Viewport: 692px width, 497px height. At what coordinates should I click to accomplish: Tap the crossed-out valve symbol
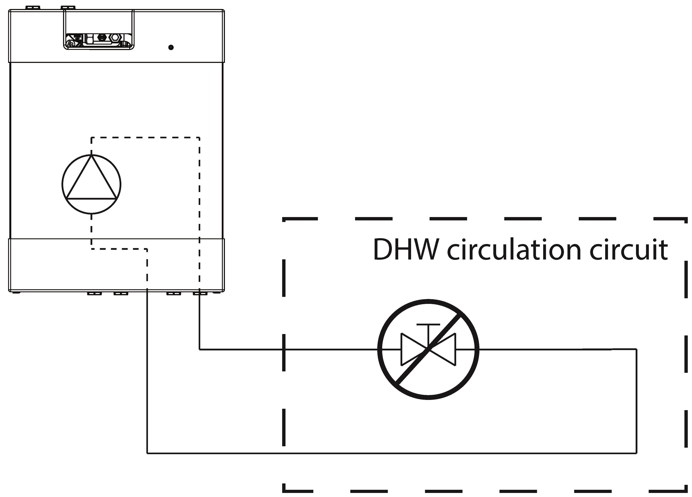(428, 350)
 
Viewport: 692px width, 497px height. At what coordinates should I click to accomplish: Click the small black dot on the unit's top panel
(171, 47)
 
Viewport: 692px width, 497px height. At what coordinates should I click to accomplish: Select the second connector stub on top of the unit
(68, 7)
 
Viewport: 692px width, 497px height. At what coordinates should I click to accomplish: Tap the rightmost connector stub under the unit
(200, 293)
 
